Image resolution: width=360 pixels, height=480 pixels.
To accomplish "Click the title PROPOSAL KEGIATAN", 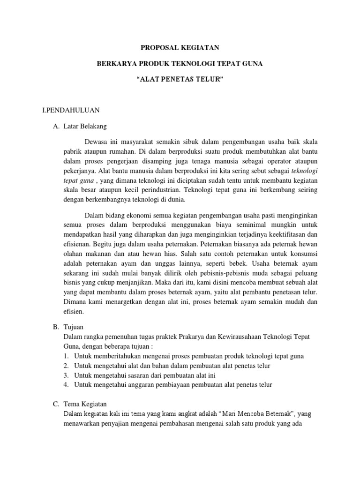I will [180, 48].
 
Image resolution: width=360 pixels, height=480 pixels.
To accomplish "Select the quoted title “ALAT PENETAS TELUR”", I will [180, 80].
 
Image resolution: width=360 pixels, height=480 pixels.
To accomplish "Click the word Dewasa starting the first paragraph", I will [97, 142].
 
